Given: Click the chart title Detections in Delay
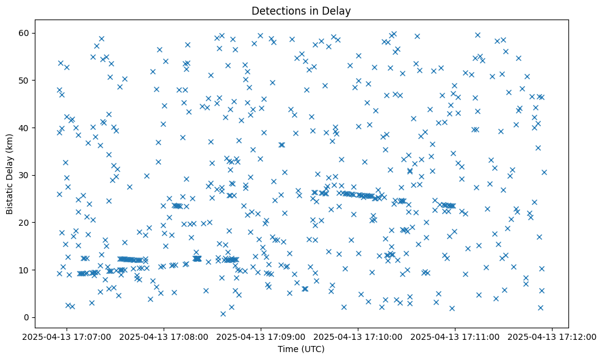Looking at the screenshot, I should click(x=301, y=10).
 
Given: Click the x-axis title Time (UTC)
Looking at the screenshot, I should click(x=301, y=349).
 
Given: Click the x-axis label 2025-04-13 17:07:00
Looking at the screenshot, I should click(x=67, y=337).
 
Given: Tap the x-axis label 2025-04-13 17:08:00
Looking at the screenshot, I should click(x=164, y=337).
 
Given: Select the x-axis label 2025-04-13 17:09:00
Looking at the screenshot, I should click(x=261, y=337).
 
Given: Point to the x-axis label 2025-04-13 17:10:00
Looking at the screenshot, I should click(x=358, y=337).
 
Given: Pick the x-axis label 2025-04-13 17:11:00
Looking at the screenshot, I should click(x=455, y=337).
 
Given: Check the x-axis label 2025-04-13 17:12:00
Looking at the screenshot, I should click(x=553, y=337).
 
